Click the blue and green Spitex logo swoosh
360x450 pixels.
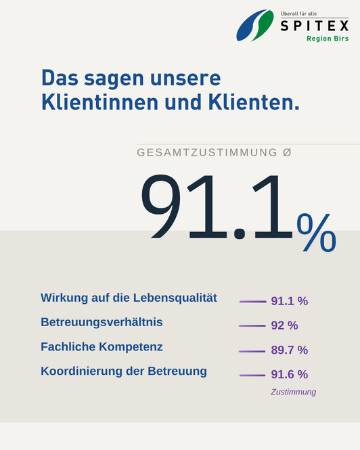(x=255, y=25)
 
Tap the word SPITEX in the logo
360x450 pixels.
(x=315, y=26)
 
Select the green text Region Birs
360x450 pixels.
(x=328, y=39)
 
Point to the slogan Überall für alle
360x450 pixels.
(x=298, y=14)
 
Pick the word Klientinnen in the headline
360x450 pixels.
(x=100, y=102)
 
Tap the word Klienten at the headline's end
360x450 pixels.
(x=254, y=102)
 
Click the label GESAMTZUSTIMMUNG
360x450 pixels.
(x=207, y=152)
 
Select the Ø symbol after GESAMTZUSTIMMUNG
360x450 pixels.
(x=287, y=152)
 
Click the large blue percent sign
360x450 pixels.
(x=317, y=233)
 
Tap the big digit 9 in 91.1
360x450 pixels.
(x=161, y=206)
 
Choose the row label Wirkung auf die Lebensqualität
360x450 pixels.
(x=129, y=298)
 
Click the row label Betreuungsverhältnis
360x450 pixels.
(x=102, y=322)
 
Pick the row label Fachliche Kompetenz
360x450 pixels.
(x=102, y=346)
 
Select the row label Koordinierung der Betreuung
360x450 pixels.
(x=124, y=371)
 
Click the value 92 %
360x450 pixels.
(x=284, y=325)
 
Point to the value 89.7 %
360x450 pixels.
(x=290, y=350)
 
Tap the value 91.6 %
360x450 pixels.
(x=290, y=374)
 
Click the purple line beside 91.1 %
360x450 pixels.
(x=252, y=302)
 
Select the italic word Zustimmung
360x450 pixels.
(x=294, y=392)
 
